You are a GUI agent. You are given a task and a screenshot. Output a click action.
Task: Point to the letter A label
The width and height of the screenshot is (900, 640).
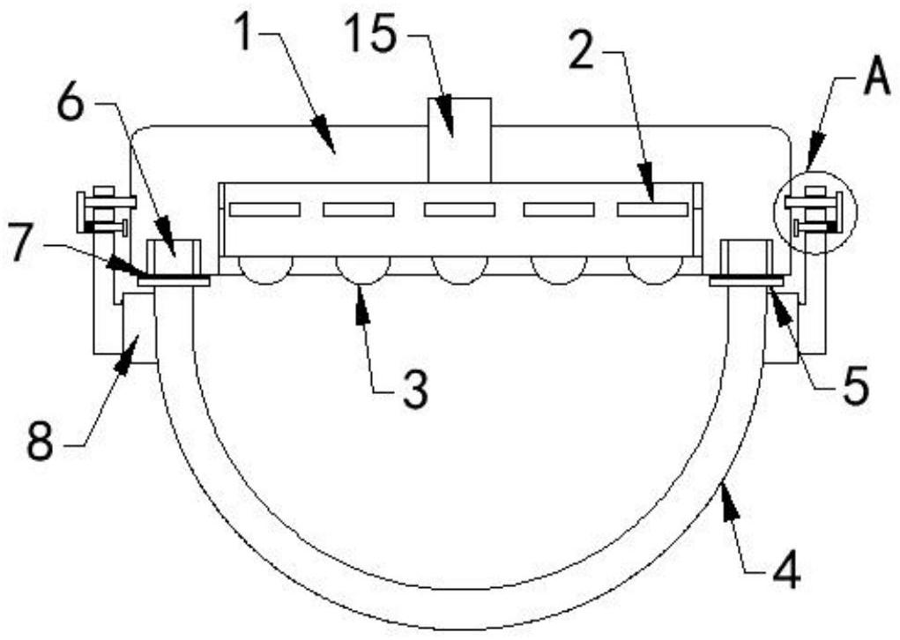point(874,80)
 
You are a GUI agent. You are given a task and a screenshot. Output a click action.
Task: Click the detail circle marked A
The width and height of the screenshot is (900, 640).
point(814,212)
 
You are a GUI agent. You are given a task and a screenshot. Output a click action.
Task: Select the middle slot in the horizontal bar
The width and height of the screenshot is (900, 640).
point(458,210)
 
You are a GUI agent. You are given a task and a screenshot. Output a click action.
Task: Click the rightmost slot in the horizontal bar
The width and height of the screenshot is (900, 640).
point(652,210)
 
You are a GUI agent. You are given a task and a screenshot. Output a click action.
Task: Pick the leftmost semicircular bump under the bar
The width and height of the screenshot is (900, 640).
point(264,271)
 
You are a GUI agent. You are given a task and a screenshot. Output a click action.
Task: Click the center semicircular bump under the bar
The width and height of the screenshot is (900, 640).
point(458,271)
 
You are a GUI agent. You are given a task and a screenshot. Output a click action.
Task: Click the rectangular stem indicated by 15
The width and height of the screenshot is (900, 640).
point(459,141)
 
